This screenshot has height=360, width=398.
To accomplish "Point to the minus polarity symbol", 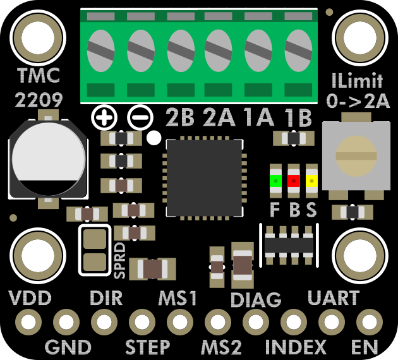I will pyautogui.click(x=140, y=117).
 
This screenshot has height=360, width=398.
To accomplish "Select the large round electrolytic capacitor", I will pyautogui.click(x=47, y=157).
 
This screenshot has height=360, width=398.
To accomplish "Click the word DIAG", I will pyautogui.click(x=256, y=299).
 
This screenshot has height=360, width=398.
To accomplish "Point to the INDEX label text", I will pyautogui.click(x=296, y=347).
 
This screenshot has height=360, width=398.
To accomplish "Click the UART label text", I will pyautogui.click(x=333, y=297).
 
